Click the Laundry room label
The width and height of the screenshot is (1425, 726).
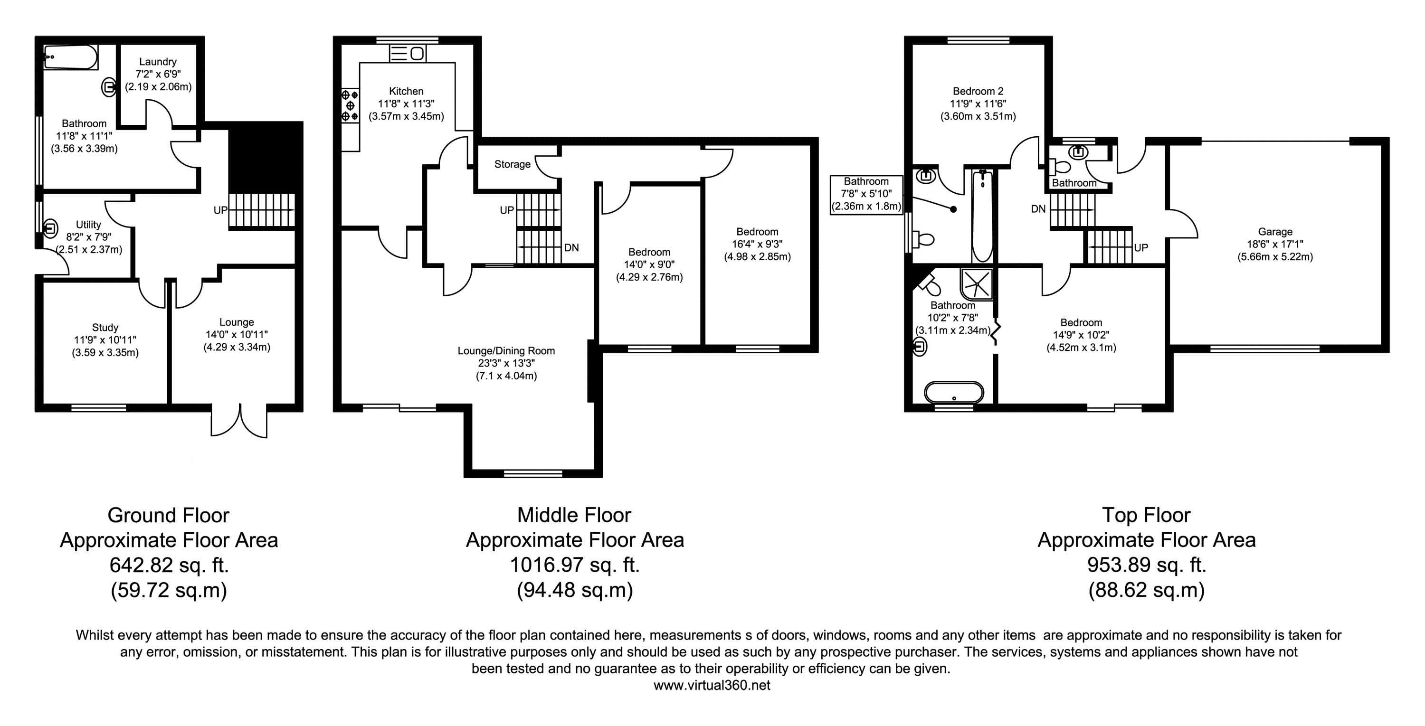coord(158,62)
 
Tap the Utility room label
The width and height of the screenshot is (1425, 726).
coord(88,225)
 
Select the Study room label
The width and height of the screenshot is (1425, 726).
coord(105,327)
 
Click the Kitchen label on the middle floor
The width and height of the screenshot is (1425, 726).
coord(406,91)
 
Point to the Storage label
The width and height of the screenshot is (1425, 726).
coord(512,164)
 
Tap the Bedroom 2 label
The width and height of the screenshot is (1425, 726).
coord(978,91)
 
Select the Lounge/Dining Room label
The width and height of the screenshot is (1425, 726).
coord(506,350)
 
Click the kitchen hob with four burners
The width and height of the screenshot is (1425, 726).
coord(350,105)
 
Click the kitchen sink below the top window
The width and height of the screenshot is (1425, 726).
coord(408,54)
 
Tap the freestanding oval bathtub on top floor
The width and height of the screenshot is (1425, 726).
coord(954,393)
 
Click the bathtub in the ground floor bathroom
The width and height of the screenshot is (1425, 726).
coord(71,57)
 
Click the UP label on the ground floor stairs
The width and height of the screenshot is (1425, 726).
coord(221,210)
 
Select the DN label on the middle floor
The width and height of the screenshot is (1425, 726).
coord(571,248)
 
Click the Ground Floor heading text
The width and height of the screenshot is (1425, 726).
coord(168,515)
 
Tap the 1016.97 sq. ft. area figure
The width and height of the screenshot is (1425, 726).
coord(575,565)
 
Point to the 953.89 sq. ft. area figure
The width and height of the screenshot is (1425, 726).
coord(1147,565)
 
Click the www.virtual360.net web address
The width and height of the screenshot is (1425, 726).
coord(712,686)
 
